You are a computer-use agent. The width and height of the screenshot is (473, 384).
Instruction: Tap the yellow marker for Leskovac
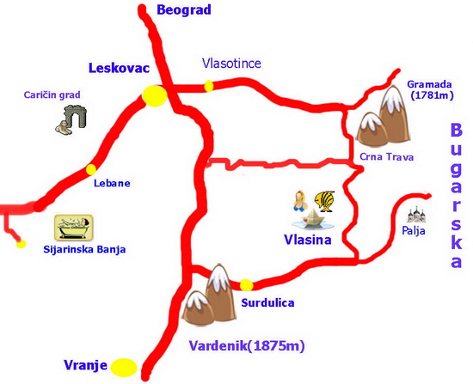155,96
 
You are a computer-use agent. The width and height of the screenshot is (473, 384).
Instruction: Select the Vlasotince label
231,63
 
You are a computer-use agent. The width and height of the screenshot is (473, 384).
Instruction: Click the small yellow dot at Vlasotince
209,85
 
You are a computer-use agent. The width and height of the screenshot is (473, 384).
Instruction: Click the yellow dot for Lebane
91,169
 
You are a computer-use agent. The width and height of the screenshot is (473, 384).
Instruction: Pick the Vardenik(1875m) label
246,346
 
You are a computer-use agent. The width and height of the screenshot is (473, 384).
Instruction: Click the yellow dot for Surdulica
247,284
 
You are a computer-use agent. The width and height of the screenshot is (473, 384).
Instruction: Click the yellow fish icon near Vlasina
324,201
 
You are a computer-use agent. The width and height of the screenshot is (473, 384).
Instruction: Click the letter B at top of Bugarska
456,131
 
